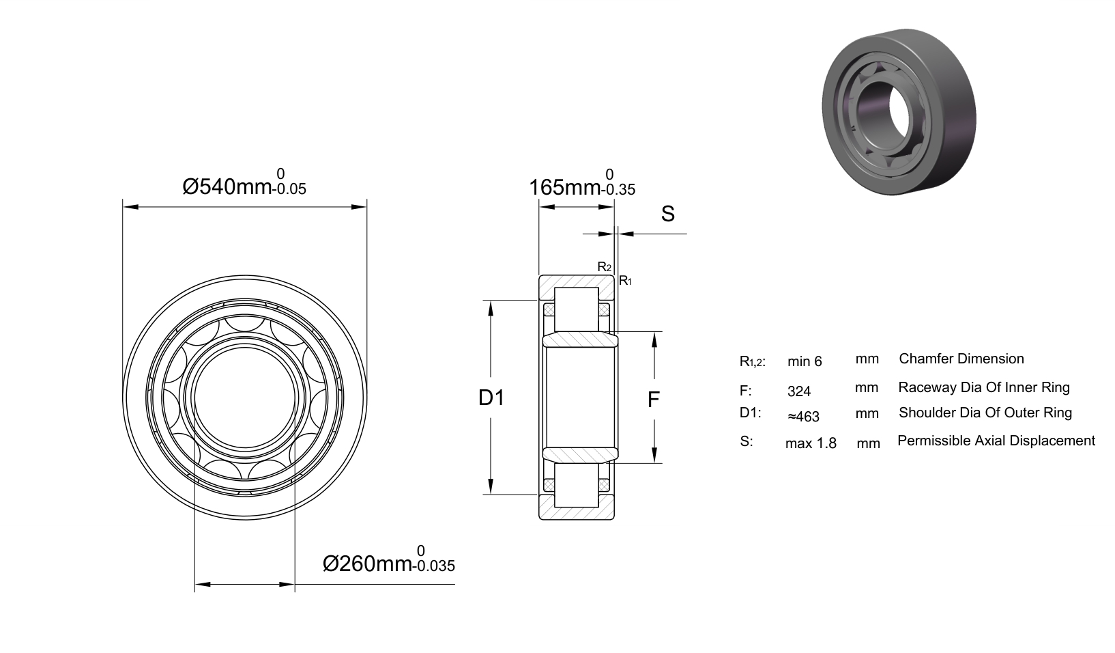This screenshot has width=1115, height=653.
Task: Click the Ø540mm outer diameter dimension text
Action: click(227, 186)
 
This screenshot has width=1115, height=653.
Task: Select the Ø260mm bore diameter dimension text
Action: click(368, 564)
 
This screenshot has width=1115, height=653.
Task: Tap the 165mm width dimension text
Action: click(564, 188)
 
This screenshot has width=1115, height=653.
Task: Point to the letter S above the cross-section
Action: click(667, 214)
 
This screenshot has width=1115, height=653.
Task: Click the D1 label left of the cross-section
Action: click(491, 398)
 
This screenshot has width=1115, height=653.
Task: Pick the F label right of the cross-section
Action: click(654, 400)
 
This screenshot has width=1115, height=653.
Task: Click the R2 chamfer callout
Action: click(605, 267)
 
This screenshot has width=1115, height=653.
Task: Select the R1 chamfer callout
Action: click(625, 281)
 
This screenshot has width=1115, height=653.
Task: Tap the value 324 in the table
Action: click(799, 391)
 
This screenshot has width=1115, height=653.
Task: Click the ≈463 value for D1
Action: click(803, 417)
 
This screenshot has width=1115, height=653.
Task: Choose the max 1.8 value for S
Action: click(811, 443)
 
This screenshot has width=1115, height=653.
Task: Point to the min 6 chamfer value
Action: click(805, 361)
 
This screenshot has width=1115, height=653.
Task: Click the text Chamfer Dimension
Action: click(961, 359)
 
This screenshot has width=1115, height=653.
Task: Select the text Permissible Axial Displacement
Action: click(996, 441)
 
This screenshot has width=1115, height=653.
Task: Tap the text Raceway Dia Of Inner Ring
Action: click(983, 387)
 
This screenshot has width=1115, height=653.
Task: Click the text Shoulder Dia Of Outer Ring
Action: click(985, 413)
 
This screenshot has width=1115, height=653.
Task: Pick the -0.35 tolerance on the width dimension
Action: click(618, 190)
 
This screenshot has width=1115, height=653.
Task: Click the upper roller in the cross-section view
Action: click(577, 309)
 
